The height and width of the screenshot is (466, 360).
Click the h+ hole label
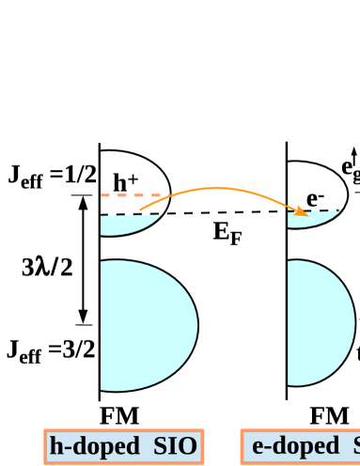(x=126, y=182)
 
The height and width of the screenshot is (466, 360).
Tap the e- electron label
(x=316, y=199)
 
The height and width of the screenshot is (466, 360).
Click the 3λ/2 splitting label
(x=47, y=267)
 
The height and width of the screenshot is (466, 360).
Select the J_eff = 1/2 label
(x=53, y=176)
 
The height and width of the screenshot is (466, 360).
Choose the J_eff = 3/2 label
(x=53, y=350)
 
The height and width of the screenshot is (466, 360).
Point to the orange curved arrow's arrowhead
(x=303, y=213)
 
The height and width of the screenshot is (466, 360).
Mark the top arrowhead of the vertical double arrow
(x=83, y=200)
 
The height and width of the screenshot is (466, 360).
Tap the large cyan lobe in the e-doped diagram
(x=324, y=319)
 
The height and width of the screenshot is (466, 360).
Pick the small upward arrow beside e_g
(x=354, y=153)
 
